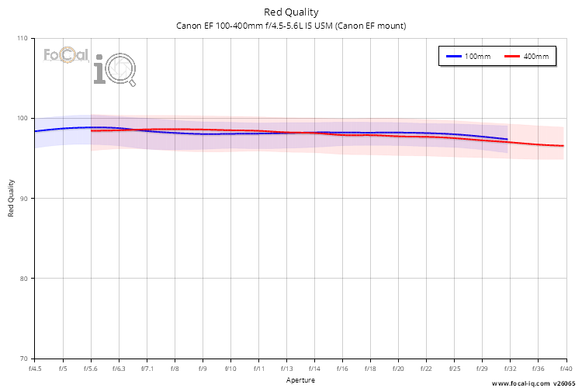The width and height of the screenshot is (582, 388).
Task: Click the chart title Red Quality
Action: click(x=291, y=12)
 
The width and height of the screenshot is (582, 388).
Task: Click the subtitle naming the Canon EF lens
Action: click(x=291, y=26)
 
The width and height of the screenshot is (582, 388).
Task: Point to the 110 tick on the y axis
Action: click(x=22, y=38)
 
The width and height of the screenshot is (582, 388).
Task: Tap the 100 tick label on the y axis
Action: click(x=22, y=118)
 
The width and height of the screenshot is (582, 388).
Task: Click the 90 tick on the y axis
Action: click(x=23, y=199)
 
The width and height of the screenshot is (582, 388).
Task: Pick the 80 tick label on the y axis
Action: click(x=23, y=279)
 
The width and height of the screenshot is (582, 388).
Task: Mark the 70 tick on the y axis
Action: click(x=23, y=359)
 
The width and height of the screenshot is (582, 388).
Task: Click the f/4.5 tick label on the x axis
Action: click(x=35, y=369)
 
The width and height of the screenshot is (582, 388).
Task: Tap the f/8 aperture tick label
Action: click(x=175, y=369)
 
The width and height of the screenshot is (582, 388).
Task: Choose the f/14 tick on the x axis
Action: click(x=314, y=369)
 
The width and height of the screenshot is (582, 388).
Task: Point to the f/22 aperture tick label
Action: click(x=426, y=369)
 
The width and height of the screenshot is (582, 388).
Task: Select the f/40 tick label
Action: click(x=565, y=369)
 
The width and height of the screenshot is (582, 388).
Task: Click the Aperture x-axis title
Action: click(x=300, y=380)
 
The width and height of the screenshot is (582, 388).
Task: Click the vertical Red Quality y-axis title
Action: click(x=12, y=199)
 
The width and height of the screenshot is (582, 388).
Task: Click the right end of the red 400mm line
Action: click(x=563, y=146)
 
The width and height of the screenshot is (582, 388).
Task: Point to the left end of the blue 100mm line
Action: click(x=36, y=131)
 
